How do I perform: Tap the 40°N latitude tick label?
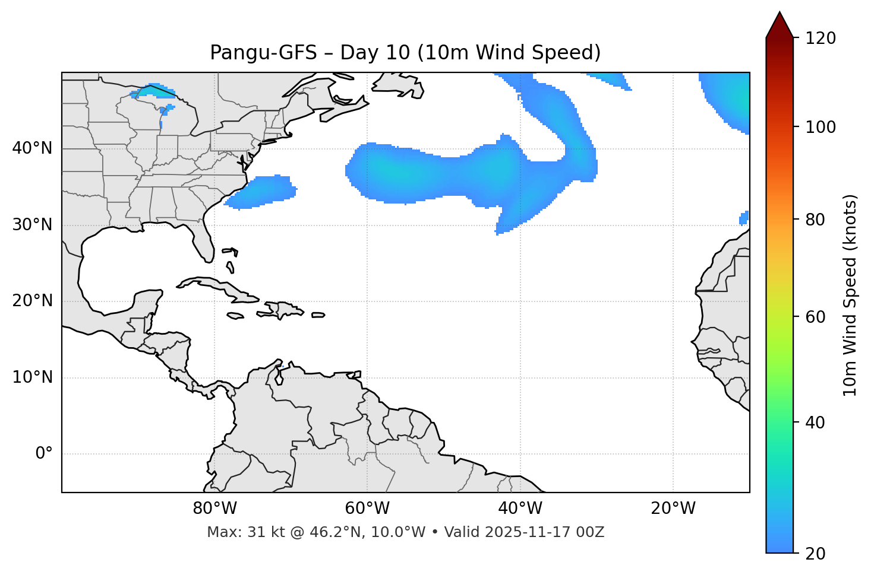(x=32, y=148)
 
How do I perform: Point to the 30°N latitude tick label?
(x=32, y=225)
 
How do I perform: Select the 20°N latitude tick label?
(x=32, y=301)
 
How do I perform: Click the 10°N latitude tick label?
(x=32, y=377)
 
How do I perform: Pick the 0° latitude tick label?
(x=44, y=454)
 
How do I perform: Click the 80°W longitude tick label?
(x=214, y=509)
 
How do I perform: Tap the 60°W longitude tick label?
(x=367, y=509)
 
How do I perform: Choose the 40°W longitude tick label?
(x=520, y=509)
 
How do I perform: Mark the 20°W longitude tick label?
(x=673, y=509)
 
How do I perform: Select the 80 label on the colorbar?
(x=817, y=220)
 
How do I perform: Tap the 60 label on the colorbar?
(x=817, y=317)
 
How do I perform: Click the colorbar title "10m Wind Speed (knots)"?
(x=850, y=295)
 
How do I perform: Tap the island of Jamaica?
(x=235, y=316)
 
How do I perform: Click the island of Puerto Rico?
(x=318, y=315)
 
